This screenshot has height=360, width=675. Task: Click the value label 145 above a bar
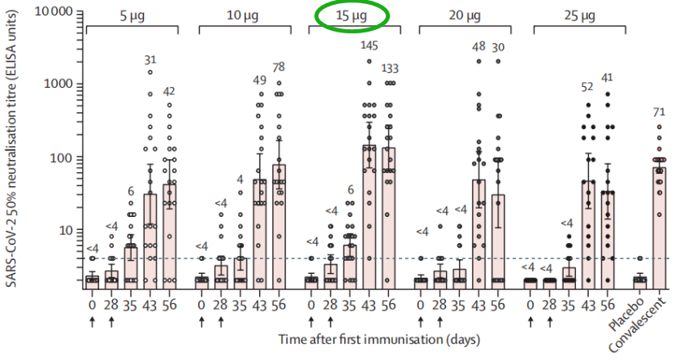click(x=370, y=44)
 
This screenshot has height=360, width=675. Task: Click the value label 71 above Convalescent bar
click(x=659, y=109)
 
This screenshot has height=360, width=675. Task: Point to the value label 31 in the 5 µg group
click(x=150, y=59)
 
